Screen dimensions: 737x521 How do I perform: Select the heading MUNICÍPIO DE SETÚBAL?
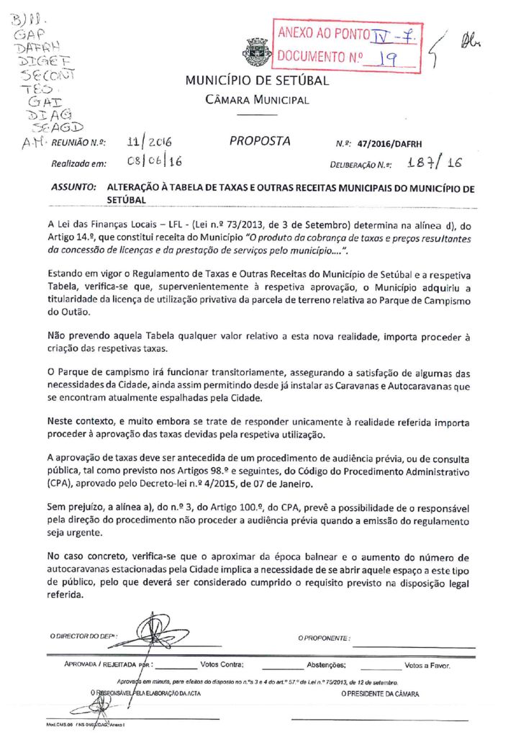tap(257, 81)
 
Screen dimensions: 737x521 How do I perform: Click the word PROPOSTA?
tap(260, 141)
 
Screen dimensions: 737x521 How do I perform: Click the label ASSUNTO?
tap(73, 186)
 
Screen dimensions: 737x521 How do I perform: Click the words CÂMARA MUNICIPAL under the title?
tap(257, 100)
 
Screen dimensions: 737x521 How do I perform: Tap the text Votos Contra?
tap(222, 665)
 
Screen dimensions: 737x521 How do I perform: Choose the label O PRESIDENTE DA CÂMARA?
tap(380, 693)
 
